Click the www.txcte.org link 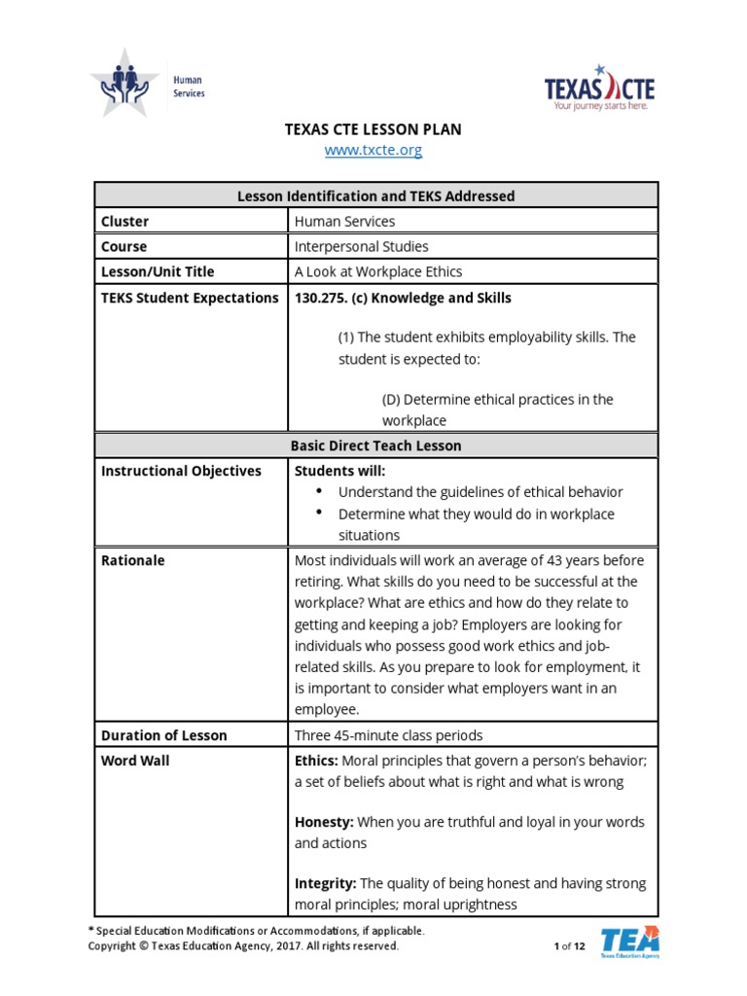[373, 151]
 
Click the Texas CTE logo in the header [599, 89]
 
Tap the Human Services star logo [124, 83]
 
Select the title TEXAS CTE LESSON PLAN [373, 128]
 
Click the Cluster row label [125, 222]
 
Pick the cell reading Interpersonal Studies [361, 247]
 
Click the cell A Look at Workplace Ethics [378, 272]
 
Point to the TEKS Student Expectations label [190, 298]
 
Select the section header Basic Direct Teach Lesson [375, 445]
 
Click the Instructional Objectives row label [181, 471]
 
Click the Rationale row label [133, 560]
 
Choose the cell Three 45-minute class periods [388, 735]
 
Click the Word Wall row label [135, 761]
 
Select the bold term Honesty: [323, 822]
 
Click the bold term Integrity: [326, 883]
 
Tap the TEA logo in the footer [629, 943]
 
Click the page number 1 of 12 [569, 946]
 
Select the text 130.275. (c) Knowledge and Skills [403, 298]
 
